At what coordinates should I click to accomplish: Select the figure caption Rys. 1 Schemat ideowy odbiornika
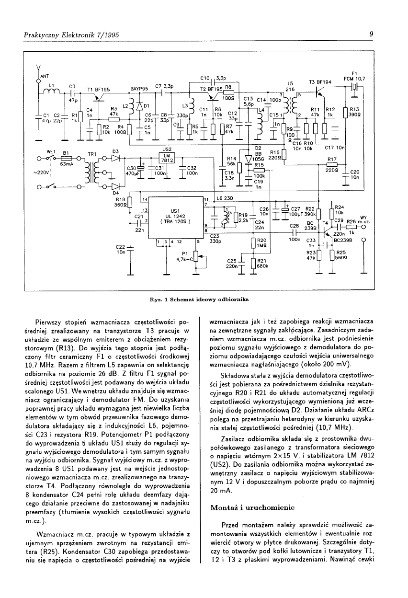pyautogui.click(x=199, y=300)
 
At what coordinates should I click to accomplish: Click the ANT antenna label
pyautogui.click(x=45, y=76)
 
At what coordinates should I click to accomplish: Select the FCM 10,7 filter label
pyautogui.click(x=355, y=79)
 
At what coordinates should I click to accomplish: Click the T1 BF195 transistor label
pyautogui.click(x=99, y=89)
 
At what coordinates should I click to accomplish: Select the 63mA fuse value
pyautogui.click(x=67, y=164)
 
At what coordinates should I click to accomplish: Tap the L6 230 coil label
pyautogui.click(x=225, y=198)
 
